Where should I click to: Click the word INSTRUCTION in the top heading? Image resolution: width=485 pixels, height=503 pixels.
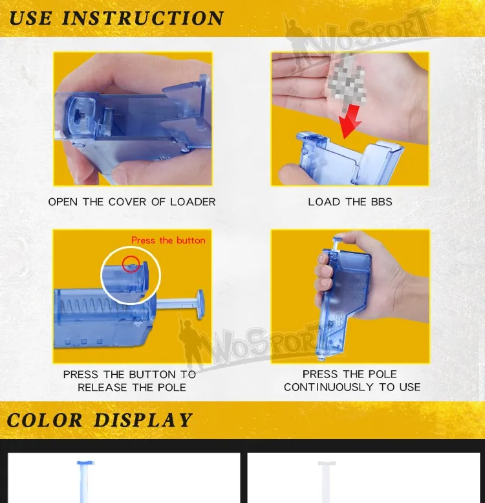coord(143,18)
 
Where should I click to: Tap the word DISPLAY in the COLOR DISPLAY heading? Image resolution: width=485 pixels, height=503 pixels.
coord(143,420)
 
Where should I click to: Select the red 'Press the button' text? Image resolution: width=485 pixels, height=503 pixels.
coord(168,240)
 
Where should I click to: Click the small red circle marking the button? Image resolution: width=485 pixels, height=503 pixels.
coord(131,263)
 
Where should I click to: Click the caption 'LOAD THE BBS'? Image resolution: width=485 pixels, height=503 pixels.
coord(350,202)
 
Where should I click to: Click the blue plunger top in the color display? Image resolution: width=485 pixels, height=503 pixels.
coord(85,463)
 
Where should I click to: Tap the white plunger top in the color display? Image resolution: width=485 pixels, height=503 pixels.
coord(327,464)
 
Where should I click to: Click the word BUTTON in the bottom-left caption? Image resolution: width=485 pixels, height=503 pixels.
coord(153,374)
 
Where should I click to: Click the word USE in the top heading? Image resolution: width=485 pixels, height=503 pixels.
coord(31,18)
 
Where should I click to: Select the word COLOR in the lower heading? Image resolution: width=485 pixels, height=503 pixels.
coord(45,420)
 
